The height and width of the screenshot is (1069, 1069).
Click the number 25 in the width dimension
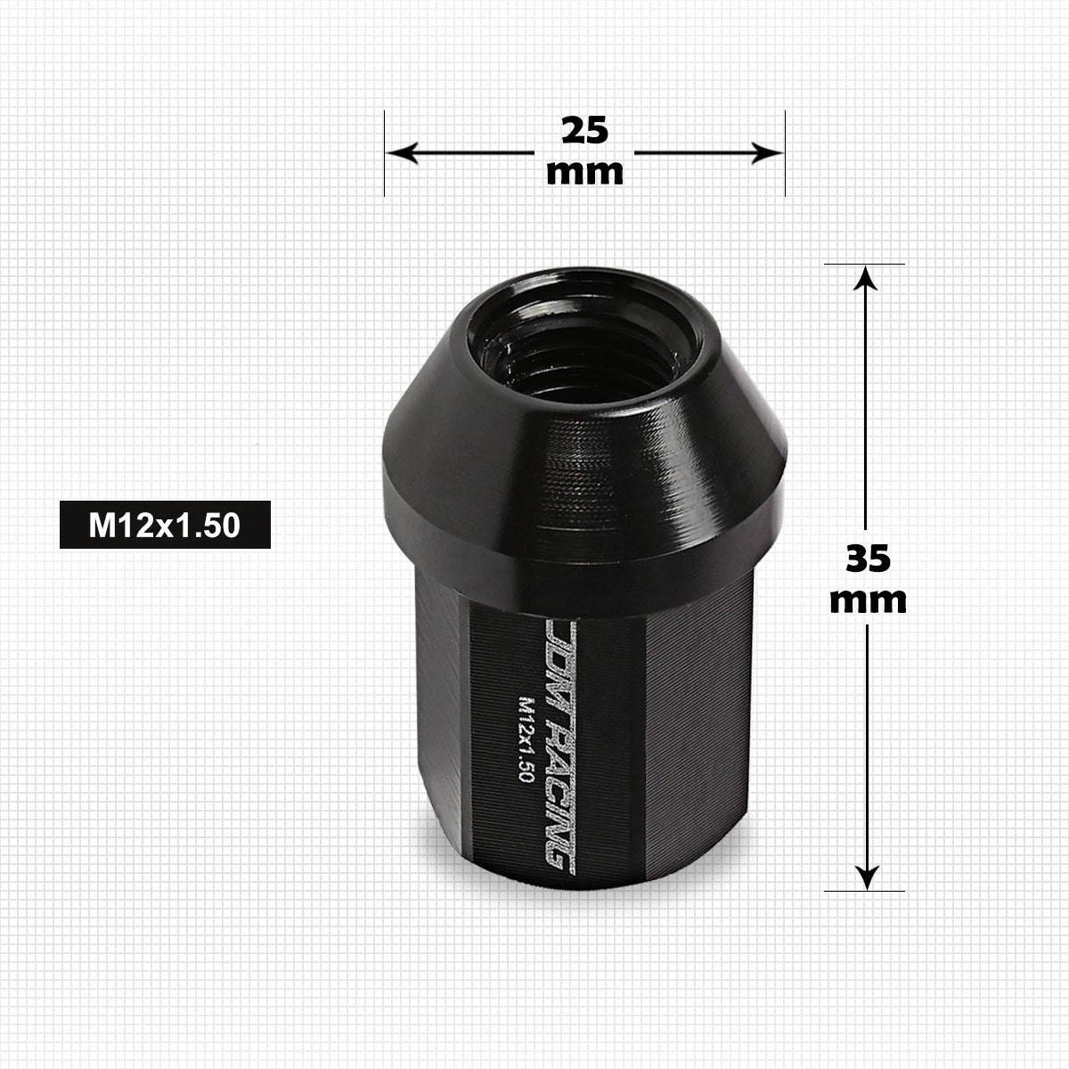(x=584, y=131)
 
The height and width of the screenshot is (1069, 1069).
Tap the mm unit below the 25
(x=584, y=172)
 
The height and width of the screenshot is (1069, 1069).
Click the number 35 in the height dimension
(x=869, y=558)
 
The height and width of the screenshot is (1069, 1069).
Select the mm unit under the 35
(x=869, y=600)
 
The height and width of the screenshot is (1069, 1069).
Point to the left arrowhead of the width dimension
(x=402, y=152)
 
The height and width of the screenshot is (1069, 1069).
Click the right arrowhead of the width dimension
(x=767, y=152)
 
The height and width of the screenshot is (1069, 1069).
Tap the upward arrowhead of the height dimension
(x=865, y=278)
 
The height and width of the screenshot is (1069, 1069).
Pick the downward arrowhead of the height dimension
(x=867, y=877)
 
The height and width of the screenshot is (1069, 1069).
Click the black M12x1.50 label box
(x=165, y=525)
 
